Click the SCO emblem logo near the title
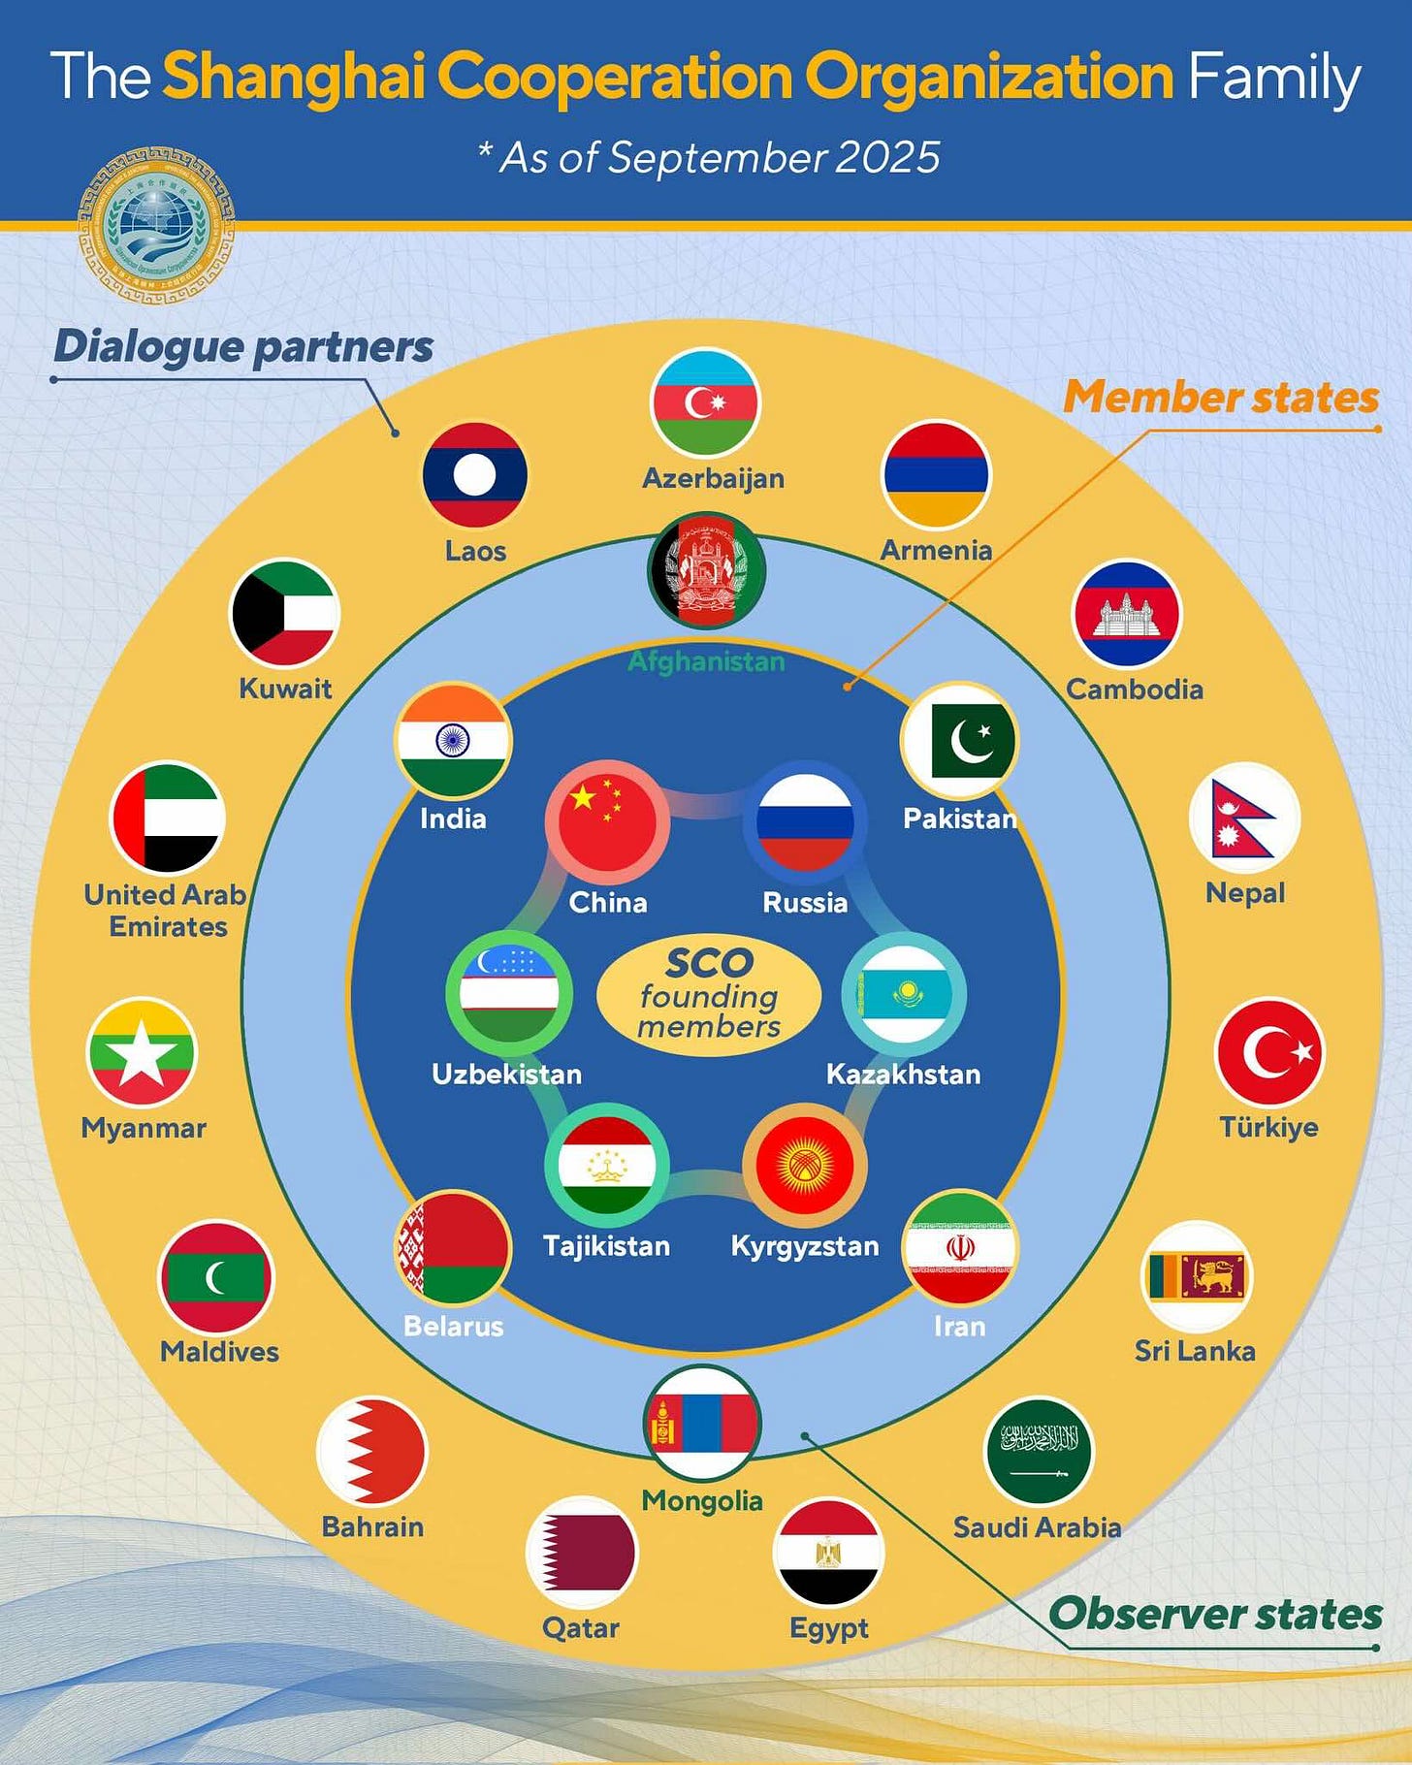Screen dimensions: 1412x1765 tap(156, 225)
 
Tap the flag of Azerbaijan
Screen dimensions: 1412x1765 tap(705, 403)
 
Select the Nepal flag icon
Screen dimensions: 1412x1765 tap(1244, 818)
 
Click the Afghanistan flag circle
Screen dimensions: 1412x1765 tap(706, 572)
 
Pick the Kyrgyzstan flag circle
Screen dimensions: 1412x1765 tap(804, 1166)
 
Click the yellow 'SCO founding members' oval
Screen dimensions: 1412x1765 tap(709, 995)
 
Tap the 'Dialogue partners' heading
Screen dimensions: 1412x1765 tap(243, 347)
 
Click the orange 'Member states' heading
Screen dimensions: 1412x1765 tap(1221, 398)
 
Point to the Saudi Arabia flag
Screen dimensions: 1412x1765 tap(1039, 1451)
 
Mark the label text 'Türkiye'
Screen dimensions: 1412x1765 tap(1268, 1127)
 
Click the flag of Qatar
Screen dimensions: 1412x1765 tap(581, 1552)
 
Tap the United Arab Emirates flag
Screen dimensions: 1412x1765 tap(168, 818)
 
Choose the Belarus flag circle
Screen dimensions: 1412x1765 tap(454, 1249)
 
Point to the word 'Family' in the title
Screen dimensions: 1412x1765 tap(1273, 78)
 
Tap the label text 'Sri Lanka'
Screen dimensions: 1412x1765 tap(1195, 1351)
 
